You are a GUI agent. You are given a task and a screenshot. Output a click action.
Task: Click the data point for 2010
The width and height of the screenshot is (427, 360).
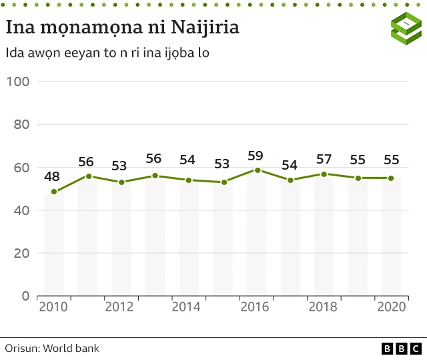click(x=54, y=192)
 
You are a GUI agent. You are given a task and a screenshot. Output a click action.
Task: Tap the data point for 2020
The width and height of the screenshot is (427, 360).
click(x=390, y=178)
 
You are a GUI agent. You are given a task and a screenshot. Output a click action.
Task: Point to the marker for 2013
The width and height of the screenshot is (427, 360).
click(x=155, y=176)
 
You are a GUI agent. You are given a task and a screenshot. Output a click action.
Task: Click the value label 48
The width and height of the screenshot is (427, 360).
click(x=53, y=177)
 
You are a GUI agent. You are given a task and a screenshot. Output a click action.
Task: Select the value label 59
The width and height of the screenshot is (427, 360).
click(x=256, y=156)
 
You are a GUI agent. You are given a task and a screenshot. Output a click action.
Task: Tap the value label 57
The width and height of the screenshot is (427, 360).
click(x=323, y=160)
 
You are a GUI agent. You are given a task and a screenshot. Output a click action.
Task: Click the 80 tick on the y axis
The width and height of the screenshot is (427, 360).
click(x=21, y=124)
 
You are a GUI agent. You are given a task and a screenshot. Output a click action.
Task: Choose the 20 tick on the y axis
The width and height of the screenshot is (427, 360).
click(x=21, y=253)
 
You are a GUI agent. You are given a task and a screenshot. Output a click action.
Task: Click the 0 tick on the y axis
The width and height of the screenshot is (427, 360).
click(x=25, y=296)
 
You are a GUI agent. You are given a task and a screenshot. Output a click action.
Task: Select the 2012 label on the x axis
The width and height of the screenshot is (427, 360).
click(x=121, y=307)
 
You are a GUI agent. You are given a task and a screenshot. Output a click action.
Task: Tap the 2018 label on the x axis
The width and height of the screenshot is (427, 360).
click(x=323, y=307)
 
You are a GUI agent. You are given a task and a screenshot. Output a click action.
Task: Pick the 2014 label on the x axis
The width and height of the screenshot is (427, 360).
click(x=188, y=307)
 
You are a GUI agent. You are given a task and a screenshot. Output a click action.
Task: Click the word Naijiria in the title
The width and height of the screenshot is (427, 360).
click(x=205, y=28)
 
